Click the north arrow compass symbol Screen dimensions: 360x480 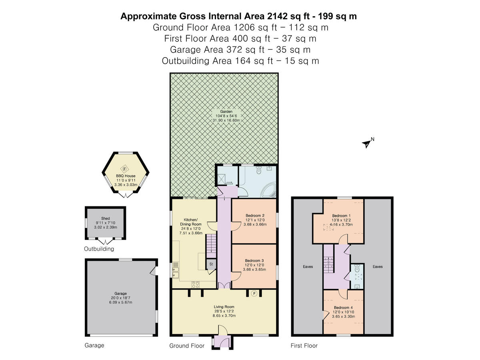tap(366, 144)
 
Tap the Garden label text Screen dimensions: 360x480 tap(224, 112)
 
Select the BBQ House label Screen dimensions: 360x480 tap(126, 176)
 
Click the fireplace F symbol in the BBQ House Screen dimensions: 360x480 tap(124, 168)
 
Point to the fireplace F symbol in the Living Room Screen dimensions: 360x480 tap(254, 294)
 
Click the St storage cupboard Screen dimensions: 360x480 tap(211, 264)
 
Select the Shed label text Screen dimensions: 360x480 tap(106, 218)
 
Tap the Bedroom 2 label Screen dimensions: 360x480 tap(254, 215)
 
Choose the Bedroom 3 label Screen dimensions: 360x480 tap(254, 261)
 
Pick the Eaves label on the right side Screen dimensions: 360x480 tap(378, 266)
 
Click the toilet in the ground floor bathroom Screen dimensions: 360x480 tap(258, 170)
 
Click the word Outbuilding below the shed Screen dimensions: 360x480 tap(99, 249)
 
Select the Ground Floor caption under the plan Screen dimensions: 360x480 tap(187, 346)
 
